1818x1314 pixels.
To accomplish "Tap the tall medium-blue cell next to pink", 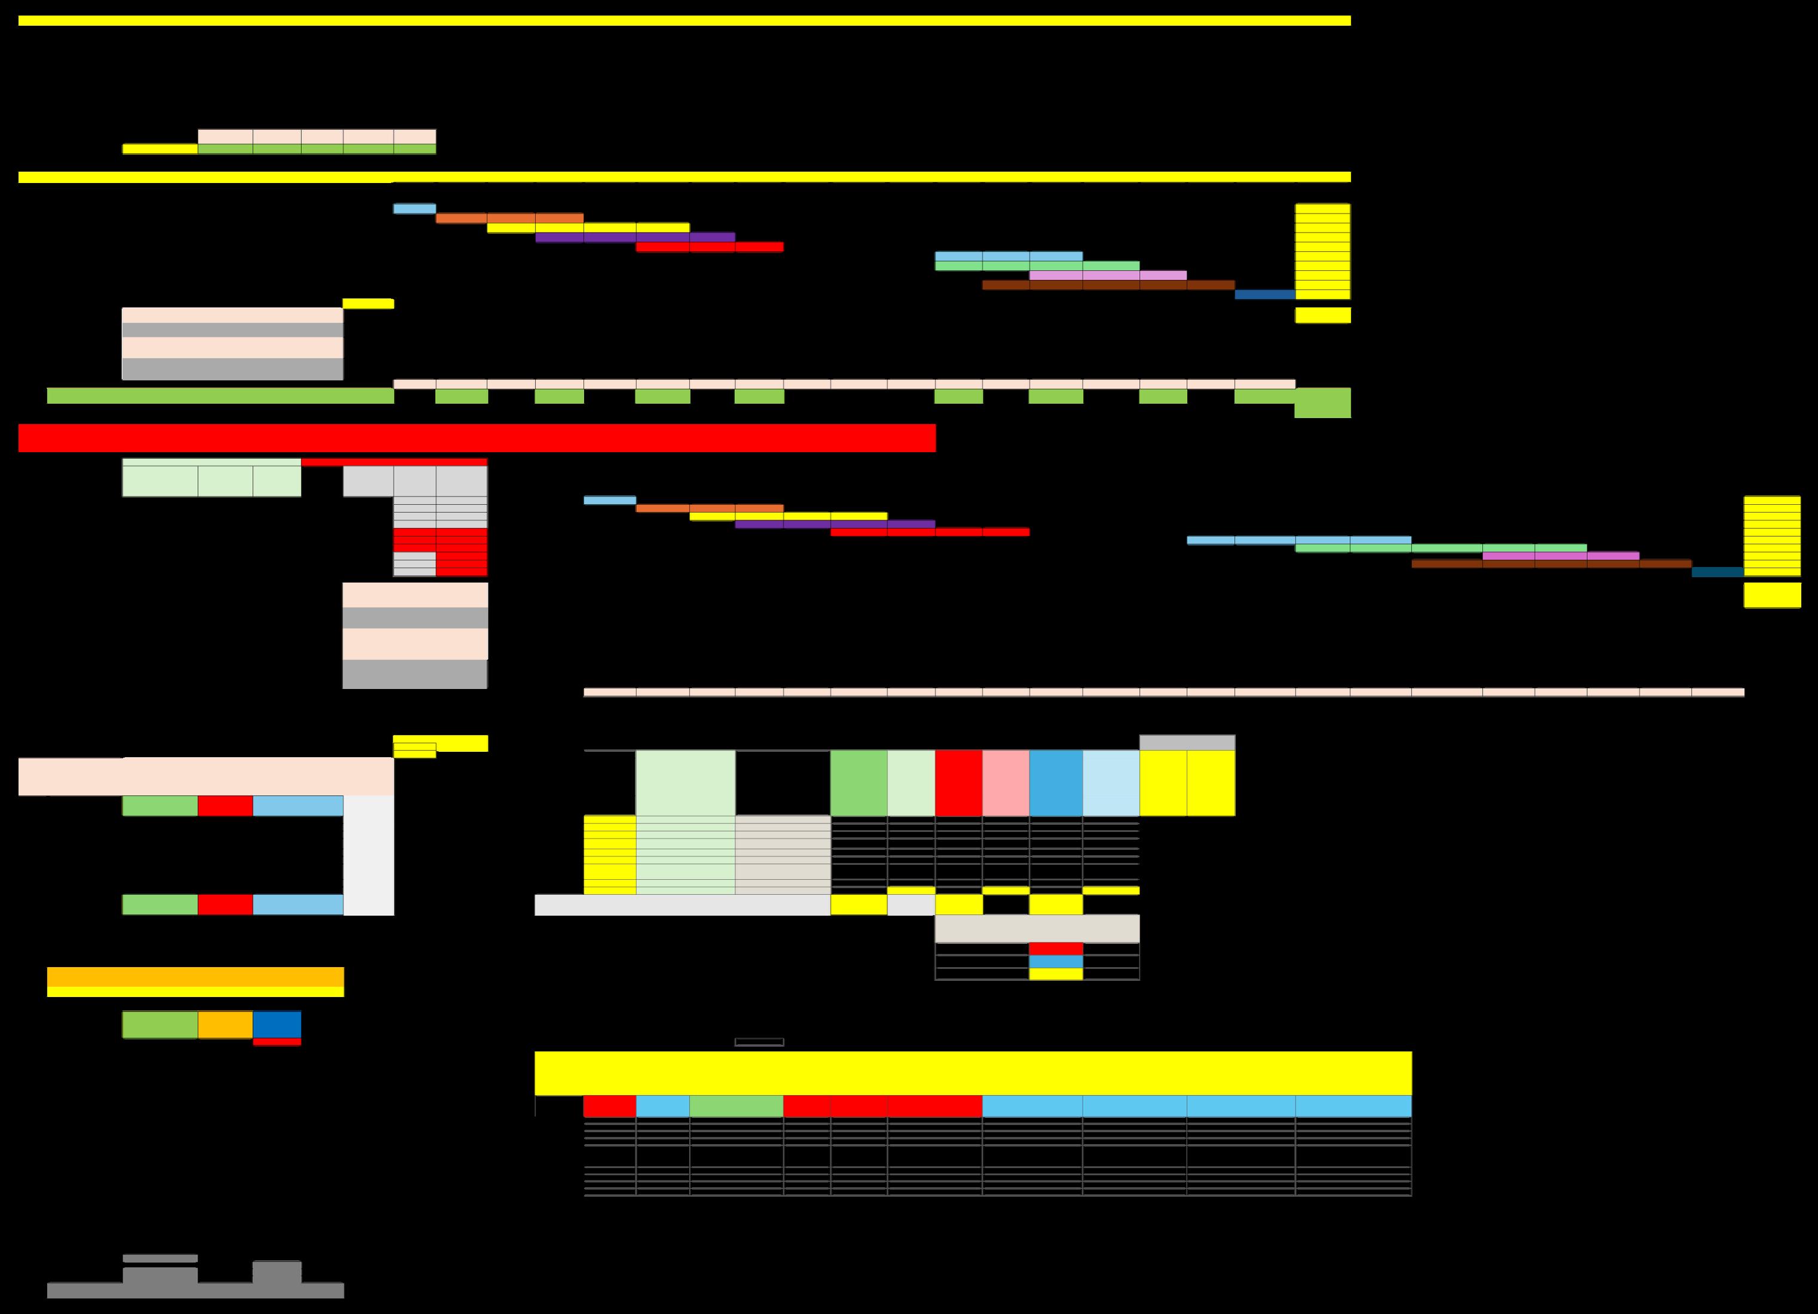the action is (1056, 782).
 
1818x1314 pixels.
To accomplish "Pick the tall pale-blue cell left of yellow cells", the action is (1110, 782).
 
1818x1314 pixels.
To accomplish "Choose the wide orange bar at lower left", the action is (195, 977).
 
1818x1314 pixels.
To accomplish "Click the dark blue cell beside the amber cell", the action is (277, 1025).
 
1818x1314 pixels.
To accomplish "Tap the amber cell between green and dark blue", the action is (225, 1025).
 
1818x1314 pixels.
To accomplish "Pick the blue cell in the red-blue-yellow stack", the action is (1056, 961).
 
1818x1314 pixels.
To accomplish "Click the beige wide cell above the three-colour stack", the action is (1037, 928).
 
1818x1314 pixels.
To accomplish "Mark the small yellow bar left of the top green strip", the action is (160, 149).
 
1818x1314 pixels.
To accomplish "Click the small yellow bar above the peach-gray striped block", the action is (368, 304).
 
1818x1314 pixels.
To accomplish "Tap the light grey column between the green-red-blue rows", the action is (368, 855).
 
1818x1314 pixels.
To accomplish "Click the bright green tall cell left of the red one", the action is (858, 782).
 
